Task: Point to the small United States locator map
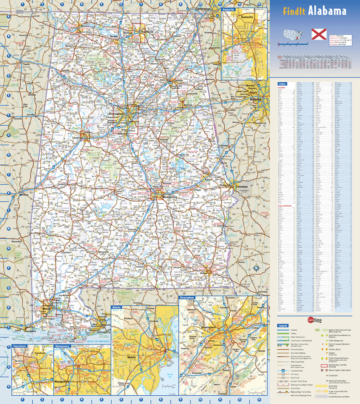pyautogui.click(x=293, y=34)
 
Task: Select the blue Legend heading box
pyautogui.click(x=283, y=325)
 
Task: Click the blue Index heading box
pyautogui.click(x=282, y=84)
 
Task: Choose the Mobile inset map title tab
pyautogui.click(x=116, y=307)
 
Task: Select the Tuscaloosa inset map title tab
pyautogui.click(x=20, y=346)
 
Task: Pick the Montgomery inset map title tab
pyautogui.click(x=63, y=346)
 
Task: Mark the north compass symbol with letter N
pyautogui.click(x=256, y=269)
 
